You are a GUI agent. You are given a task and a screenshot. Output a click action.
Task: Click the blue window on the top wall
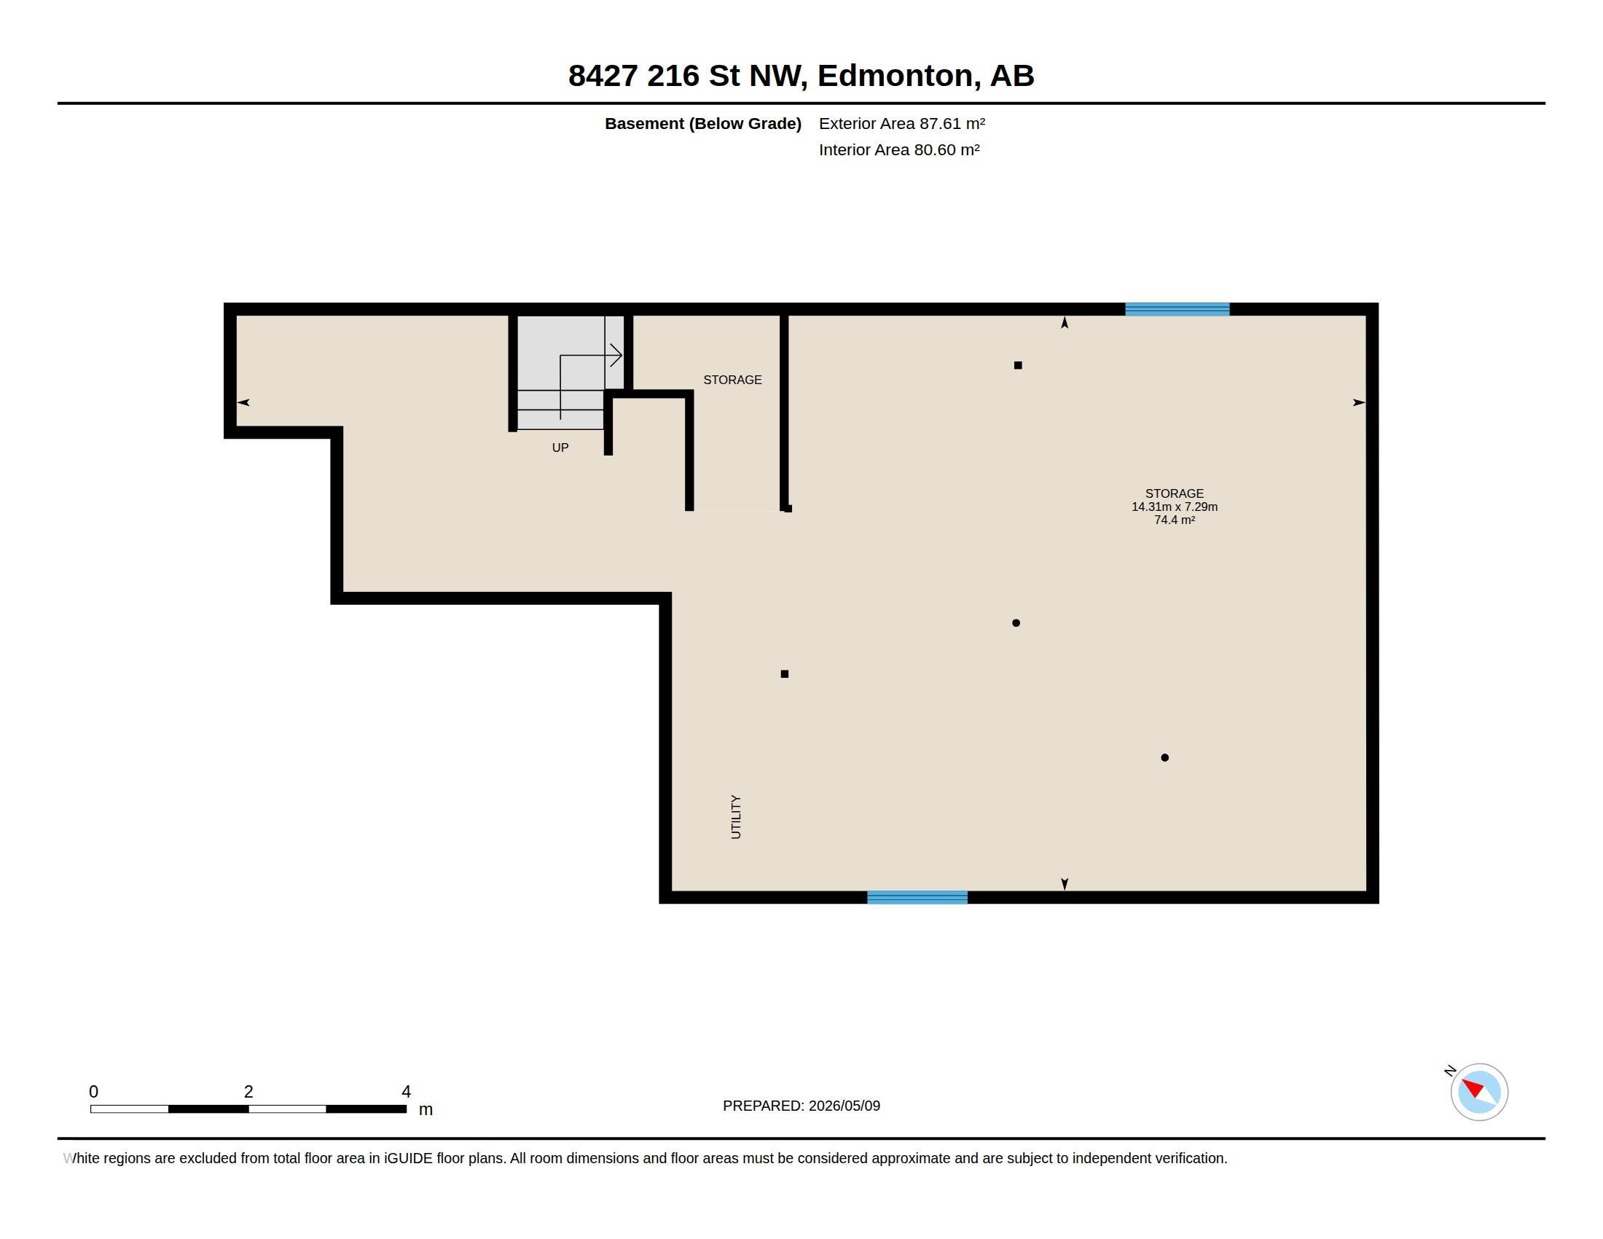point(1177,309)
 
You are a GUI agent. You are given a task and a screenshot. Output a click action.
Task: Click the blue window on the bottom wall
point(917,897)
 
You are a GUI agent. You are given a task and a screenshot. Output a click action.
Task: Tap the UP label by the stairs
point(560,447)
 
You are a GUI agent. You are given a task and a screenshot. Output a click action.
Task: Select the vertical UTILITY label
point(736,816)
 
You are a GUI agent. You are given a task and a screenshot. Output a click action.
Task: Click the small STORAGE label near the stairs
point(732,380)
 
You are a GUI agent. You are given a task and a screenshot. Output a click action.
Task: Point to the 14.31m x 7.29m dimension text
point(1175,507)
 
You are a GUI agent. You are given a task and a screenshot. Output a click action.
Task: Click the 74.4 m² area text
point(1175,520)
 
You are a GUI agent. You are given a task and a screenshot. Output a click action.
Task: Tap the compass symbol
point(1479,1092)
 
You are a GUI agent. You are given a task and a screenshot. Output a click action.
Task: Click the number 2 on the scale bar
point(248,1092)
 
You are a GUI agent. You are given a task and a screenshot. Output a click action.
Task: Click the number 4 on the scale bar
point(406,1092)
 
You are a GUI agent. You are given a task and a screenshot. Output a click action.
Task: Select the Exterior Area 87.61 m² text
point(902,123)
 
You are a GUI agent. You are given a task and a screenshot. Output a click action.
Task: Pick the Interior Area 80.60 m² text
point(899,149)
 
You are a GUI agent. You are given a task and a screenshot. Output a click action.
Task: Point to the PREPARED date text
point(801,1106)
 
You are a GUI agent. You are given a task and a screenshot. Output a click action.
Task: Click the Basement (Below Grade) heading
point(703,123)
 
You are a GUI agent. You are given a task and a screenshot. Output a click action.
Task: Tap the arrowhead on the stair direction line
point(616,356)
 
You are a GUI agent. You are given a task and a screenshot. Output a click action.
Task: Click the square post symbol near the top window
point(1018,365)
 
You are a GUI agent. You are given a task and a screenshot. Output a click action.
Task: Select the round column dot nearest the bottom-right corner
point(1165,757)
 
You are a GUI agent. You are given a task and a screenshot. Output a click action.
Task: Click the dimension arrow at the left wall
point(243,402)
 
